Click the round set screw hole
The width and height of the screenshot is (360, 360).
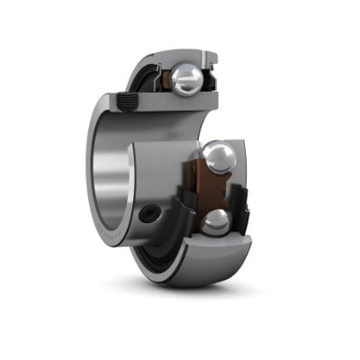click(x=148, y=216)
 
